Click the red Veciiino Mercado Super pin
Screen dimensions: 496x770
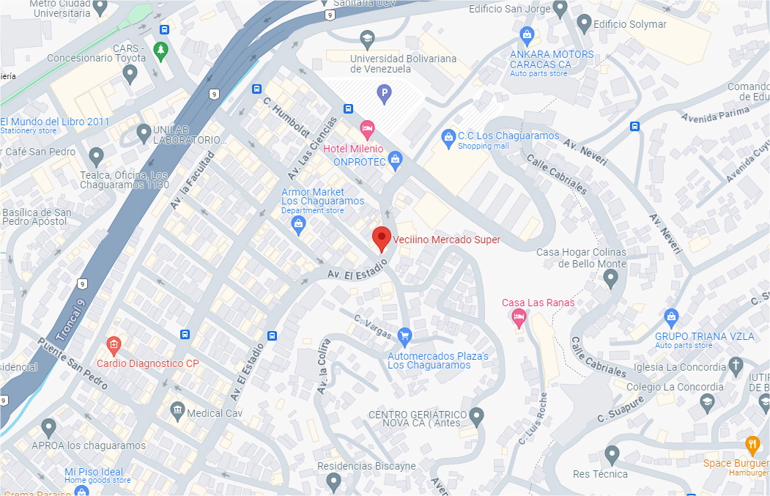tap(380, 238)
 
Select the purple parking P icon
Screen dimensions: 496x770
tap(383, 93)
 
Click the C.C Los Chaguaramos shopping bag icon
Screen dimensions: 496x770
tap(448, 136)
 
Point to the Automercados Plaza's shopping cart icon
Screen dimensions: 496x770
tap(404, 337)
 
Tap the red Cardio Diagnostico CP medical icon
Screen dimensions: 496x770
tap(113, 344)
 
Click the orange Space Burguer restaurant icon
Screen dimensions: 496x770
tap(752, 444)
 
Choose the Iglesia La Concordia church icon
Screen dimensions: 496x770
tap(736, 366)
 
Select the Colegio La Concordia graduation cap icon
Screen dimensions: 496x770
tap(706, 401)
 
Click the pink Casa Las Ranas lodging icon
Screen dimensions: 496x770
tap(519, 317)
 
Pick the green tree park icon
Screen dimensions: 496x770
tap(160, 50)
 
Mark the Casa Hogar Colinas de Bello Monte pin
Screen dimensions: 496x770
tap(611, 278)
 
